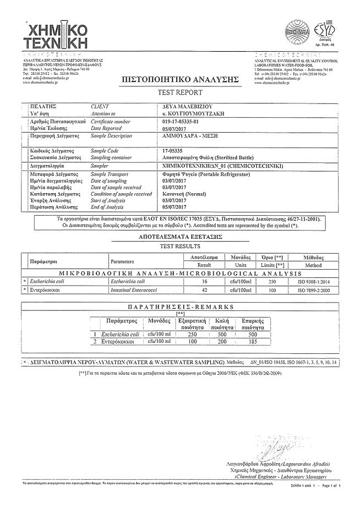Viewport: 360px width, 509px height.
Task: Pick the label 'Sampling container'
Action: coord(112,156)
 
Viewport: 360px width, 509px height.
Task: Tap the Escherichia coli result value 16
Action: coord(204,281)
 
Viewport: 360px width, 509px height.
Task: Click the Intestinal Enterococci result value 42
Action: coord(204,289)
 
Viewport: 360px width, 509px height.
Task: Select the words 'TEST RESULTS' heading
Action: coord(179,246)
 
